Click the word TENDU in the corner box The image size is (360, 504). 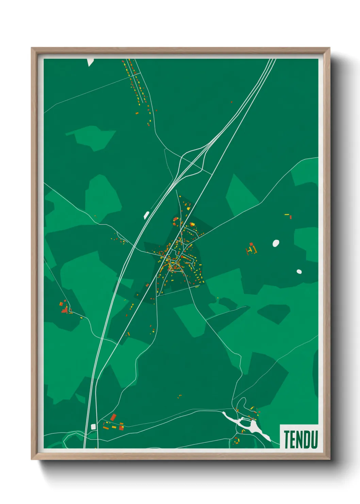(300, 439)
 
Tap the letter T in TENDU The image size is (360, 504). (287, 439)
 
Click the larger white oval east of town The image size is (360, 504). (276, 243)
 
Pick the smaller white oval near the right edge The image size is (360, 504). (299, 271)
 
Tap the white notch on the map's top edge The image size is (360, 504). (90, 62)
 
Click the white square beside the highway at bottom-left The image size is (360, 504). (93, 426)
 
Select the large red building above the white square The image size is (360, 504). (113, 417)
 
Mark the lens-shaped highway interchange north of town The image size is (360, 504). (192, 161)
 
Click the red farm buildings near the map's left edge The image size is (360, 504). (64, 309)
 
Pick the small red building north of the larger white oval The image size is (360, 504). (290, 217)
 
